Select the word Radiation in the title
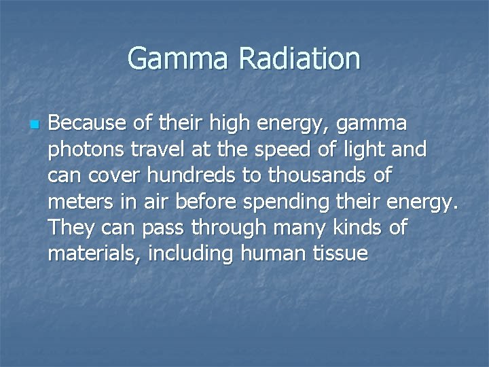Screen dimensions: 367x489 [300, 58]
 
